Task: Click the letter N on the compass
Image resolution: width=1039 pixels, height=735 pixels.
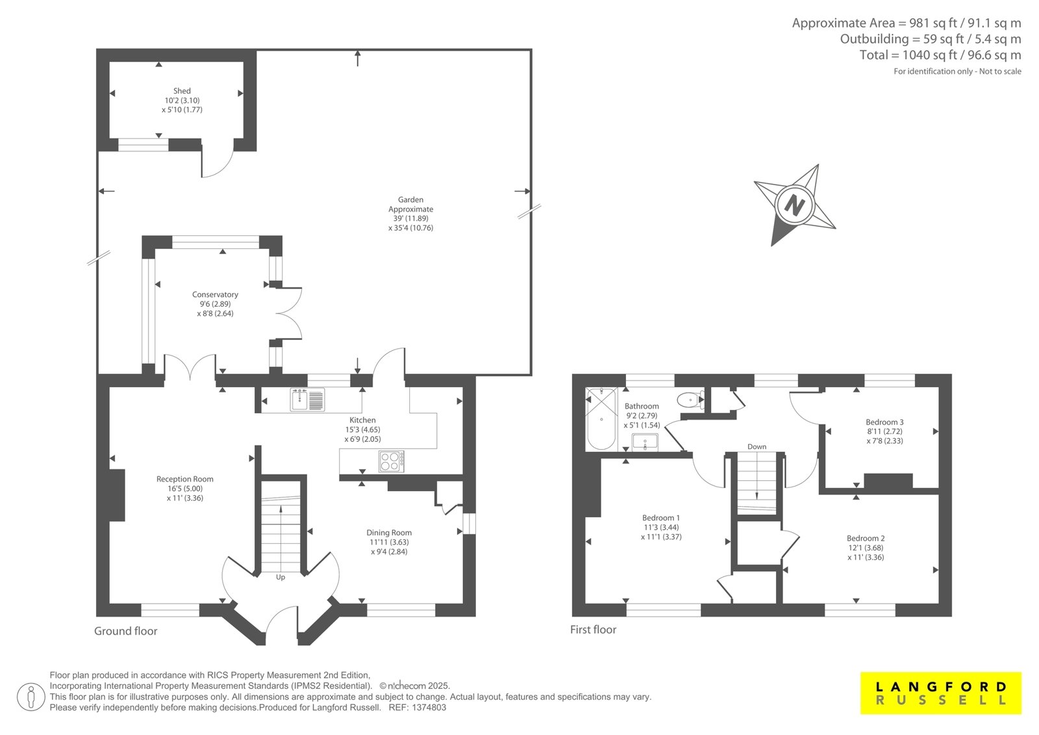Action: (795, 204)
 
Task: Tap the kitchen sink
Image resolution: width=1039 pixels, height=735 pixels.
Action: (307, 400)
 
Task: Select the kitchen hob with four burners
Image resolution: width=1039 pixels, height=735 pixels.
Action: (391, 461)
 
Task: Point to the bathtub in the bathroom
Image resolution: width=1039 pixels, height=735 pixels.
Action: (601, 419)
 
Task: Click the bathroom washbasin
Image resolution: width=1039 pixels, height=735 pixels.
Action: (645, 442)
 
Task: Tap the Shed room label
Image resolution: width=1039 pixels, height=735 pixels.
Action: (182, 91)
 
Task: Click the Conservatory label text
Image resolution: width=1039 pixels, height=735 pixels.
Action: (215, 294)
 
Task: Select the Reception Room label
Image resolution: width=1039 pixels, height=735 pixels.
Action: (184, 479)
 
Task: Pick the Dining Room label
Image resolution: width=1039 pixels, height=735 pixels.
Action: (389, 532)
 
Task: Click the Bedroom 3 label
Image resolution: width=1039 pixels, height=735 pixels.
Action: (884, 422)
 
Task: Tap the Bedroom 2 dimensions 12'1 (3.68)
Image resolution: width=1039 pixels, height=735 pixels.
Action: (866, 548)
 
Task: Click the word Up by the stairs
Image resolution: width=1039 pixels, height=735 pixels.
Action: (280, 577)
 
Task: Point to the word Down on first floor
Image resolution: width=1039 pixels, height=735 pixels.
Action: (757, 446)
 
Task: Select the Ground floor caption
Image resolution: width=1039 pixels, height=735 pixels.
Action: (126, 631)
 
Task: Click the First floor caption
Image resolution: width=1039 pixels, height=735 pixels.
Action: (593, 630)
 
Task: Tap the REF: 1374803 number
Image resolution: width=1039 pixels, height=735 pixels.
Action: (418, 708)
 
